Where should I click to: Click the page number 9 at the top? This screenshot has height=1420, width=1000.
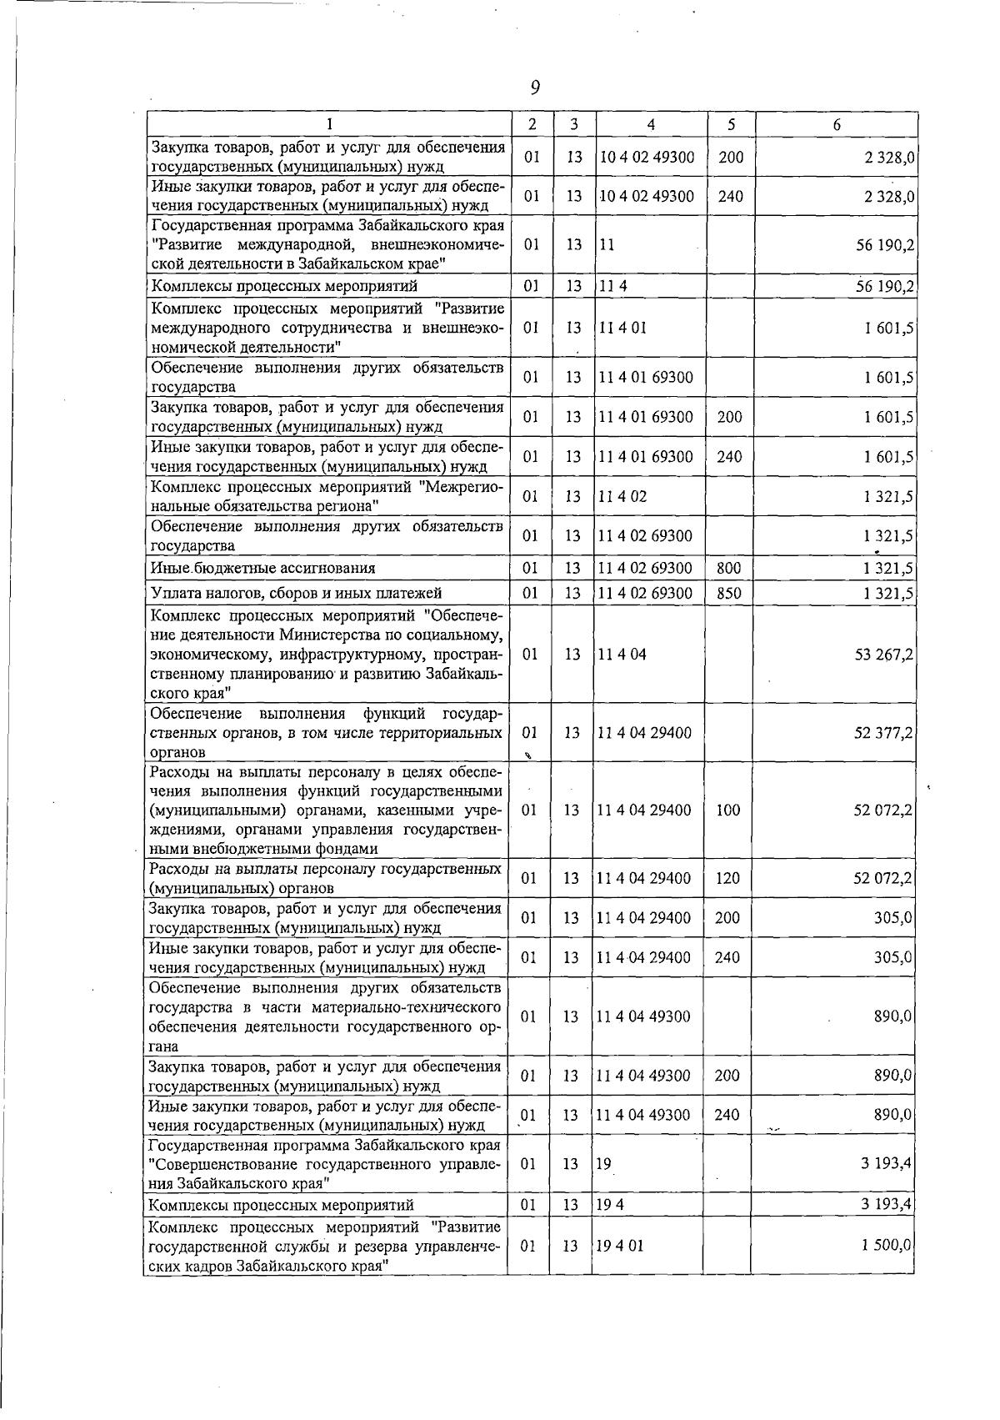pos(535,87)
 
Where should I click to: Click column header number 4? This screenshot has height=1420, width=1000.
pos(650,124)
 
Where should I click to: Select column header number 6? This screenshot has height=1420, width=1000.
pos(836,124)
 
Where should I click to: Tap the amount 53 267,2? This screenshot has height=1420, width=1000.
pos(883,655)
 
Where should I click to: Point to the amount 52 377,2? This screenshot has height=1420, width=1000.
pos(883,733)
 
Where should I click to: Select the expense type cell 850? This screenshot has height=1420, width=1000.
pos(729,593)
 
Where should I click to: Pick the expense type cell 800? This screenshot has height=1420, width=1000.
pos(729,568)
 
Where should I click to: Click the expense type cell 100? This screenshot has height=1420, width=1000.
pos(727,810)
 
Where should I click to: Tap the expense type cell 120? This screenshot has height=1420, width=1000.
pos(727,878)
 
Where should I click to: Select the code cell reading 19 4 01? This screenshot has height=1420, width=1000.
pos(619,1246)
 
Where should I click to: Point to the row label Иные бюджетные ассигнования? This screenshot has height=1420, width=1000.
pos(262,568)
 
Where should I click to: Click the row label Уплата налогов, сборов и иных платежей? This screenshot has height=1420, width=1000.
pos(296,593)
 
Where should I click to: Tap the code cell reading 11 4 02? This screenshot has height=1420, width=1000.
pos(621,496)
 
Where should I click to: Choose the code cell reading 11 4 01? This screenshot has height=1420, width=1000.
pos(621,327)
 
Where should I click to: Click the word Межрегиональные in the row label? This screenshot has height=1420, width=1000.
pos(462,487)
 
